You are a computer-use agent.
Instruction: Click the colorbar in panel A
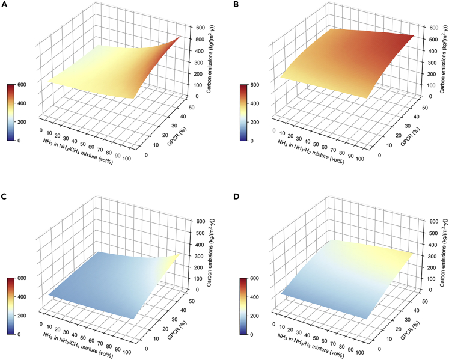10,112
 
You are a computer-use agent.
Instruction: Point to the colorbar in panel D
242,306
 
